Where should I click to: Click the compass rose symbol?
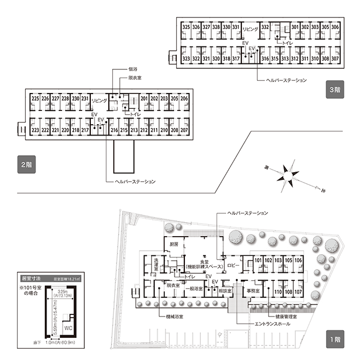287,177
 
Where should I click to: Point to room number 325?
186,27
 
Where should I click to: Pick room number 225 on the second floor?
36,98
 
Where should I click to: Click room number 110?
278,292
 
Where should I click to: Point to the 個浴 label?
132,69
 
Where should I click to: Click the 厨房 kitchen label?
173,244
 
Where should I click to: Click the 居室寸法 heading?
31,278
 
